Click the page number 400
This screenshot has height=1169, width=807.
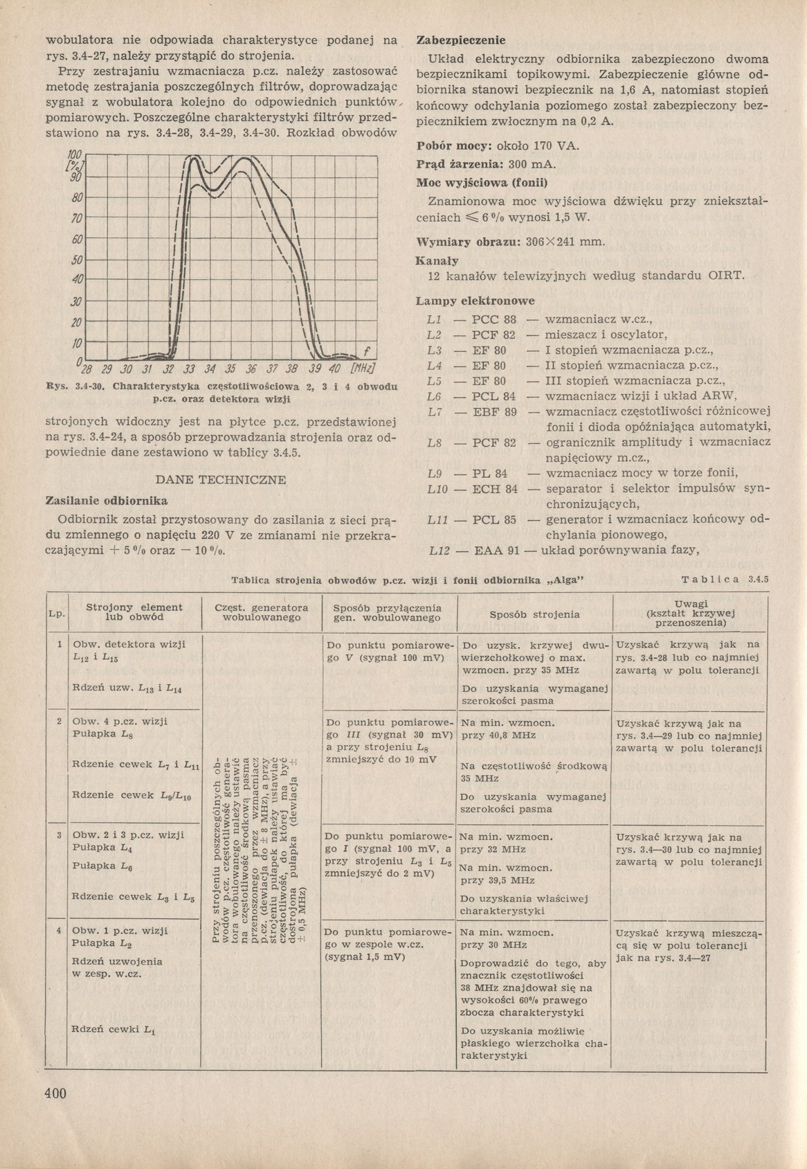(x=55, y=1094)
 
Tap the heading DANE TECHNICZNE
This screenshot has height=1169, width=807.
(x=221, y=480)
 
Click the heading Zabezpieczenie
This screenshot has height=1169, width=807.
(x=460, y=41)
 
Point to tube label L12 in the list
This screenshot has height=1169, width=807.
(x=439, y=551)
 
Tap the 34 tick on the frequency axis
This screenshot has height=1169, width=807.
(x=210, y=368)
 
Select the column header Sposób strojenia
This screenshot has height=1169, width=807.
(x=534, y=614)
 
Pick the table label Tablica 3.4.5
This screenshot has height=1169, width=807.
(x=725, y=580)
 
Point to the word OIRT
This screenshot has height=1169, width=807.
(x=726, y=276)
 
